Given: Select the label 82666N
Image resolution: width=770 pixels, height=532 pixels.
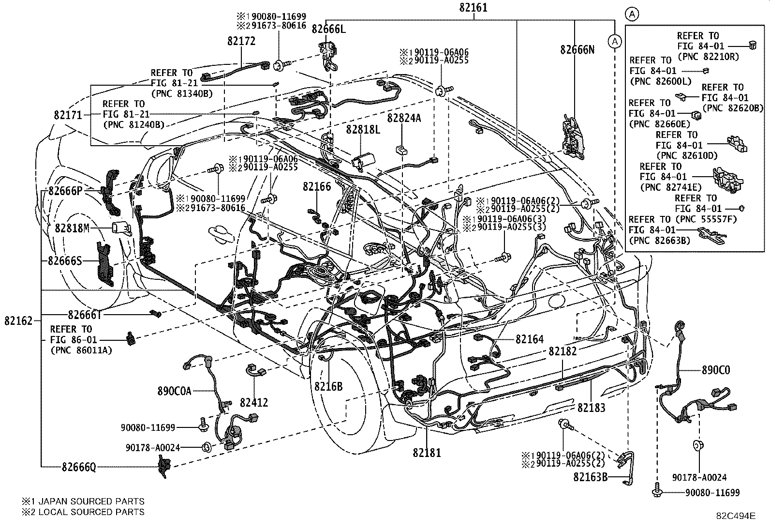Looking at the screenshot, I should pyautogui.click(x=577, y=49).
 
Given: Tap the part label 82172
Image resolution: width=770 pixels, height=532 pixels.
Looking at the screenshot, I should pyautogui.click(x=241, y=42).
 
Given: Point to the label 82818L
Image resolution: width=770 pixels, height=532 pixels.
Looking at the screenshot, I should pyautogui.click(x=363, y=129).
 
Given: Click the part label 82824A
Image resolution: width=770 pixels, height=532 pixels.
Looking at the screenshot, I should pyautogui.click(x=404, y=118).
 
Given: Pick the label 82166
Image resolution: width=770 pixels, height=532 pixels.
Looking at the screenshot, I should pyautogui.click(x=317, y=186).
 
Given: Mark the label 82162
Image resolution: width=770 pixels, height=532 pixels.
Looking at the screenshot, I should pyautogui.click(x=18, y=320).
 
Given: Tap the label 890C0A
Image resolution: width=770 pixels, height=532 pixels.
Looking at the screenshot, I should pyautogui.click(x=174, y=391).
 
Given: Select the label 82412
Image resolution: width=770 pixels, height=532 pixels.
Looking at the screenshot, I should pyautogui.click(x=253, y=403).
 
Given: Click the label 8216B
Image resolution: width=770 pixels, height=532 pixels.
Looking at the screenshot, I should pyautogui.click(x=328, y=386).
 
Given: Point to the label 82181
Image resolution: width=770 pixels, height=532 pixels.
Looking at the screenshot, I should pyautogui.click(x=427, y=453).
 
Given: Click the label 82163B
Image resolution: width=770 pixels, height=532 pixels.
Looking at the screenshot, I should pyautogui.click(x=590, y=477).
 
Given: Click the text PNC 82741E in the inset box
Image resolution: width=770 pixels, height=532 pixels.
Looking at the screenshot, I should pyautogui.click(x=665, y=187).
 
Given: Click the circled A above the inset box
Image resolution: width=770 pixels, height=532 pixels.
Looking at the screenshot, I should pyautogui.click(x=632, y=15).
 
